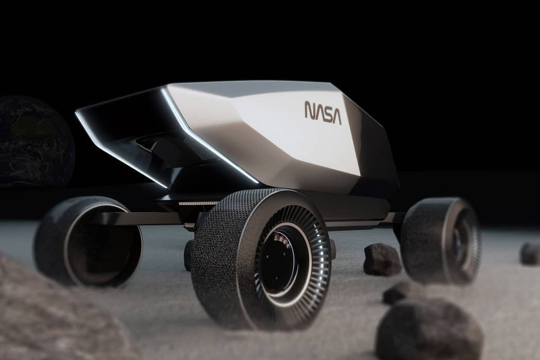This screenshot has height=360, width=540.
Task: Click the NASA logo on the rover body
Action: pos(322,112)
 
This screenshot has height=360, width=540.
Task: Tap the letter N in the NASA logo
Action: pos(309,110)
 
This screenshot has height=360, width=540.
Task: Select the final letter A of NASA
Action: pos(336,115)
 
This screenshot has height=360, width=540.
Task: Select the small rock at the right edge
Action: pos(530,253)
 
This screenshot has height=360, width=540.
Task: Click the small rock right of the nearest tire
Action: pos(399,292)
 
